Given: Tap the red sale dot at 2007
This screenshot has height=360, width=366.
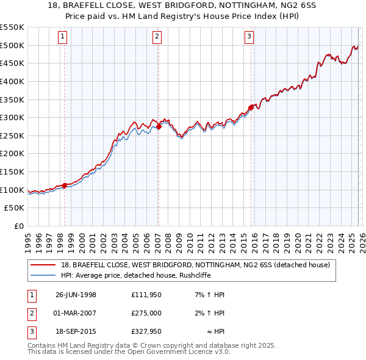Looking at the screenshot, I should coord(159,126).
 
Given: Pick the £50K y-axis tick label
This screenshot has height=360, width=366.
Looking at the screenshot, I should coord(15,208).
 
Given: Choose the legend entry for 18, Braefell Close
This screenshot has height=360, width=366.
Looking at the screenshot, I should coord(195,265).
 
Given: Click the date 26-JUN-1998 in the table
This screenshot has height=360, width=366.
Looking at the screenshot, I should coord(76,294).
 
